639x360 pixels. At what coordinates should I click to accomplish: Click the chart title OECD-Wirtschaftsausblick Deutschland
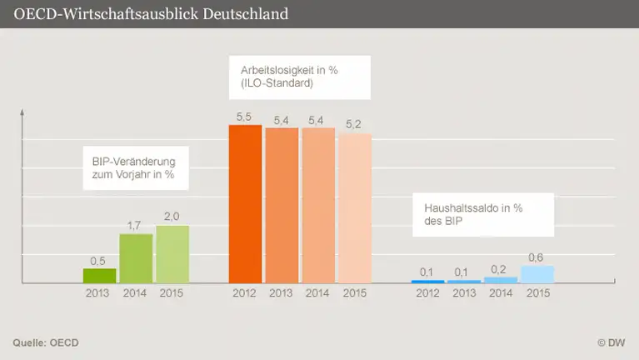[x=152, y=14]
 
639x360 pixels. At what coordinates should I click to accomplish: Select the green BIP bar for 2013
[x=99, y=276]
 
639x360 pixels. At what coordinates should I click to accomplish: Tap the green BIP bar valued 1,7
[x=136, y=258]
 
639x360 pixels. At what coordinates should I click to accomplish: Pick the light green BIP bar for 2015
[x=172, y=254]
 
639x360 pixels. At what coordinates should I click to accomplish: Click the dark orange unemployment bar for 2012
[x=245, y=205]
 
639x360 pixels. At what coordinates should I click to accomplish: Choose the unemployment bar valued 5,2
[x=355, y=208]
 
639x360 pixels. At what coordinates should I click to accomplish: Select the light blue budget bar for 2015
[x=537, y=275]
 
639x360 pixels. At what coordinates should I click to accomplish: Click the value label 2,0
[x=172, y=217]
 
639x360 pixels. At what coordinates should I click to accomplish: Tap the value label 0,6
[x=537, y=257]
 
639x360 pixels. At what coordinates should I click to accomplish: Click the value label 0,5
[x=99, y=260]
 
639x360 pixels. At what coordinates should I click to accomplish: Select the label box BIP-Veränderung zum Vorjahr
[x=133, y=169]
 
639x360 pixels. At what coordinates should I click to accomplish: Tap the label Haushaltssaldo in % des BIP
[x=467, y=215]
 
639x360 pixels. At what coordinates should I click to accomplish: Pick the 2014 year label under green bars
[x=136, y=293]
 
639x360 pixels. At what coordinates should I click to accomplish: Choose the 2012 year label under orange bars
[x=245, y=293]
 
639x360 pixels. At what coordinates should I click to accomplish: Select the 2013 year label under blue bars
[x=464, y=293]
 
